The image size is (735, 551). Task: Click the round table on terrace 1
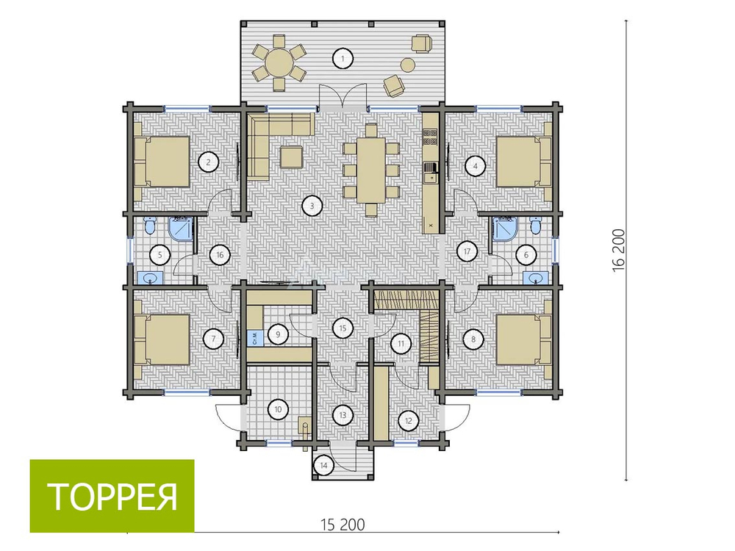tap(279, 62)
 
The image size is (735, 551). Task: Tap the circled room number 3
tap(312, 205)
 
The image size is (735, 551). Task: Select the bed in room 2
tap(162, 162)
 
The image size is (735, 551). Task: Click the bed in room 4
tap(524, 162)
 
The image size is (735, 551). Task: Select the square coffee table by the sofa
tap(292, 156)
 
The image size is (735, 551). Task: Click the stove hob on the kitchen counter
tap(429, 136)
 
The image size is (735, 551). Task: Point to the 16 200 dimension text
tap(619, 250)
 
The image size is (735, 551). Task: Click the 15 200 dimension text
tap(343, 525)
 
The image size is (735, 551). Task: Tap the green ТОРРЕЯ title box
tap(112, 496)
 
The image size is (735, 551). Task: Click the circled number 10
tap(278, 409)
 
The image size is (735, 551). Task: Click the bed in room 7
tap(162, 339)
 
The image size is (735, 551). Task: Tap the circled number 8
tap(473, 339)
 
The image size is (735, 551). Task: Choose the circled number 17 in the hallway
tap(467, 251)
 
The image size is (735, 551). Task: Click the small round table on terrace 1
tap(408, 64)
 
